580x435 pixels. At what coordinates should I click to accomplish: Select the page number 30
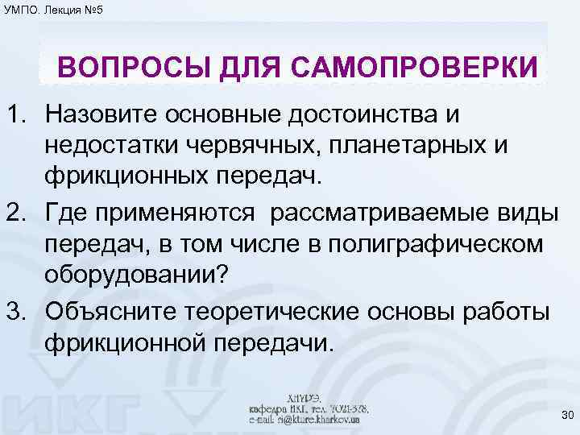click(565, 415)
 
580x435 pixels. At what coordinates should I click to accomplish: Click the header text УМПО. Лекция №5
click(52, 10)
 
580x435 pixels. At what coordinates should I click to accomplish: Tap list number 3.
click(17, 311)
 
